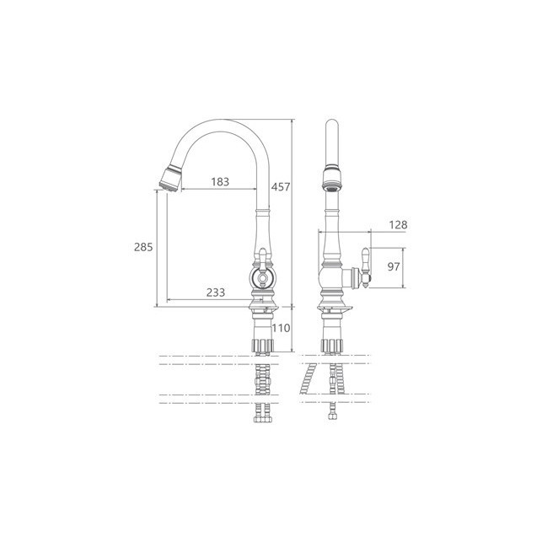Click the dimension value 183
[x=220, y=181]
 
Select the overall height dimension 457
[x=281, y=186]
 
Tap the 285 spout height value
[x=143, y=247]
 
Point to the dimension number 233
[x=216, y=292]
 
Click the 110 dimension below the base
[x=281, y=328]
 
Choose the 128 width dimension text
[x=398, y=225]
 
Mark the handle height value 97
[x=394, y=266]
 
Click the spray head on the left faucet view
[x=171, y=179]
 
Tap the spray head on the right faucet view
[x=332, y=178]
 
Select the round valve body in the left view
[x=263, y=277]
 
